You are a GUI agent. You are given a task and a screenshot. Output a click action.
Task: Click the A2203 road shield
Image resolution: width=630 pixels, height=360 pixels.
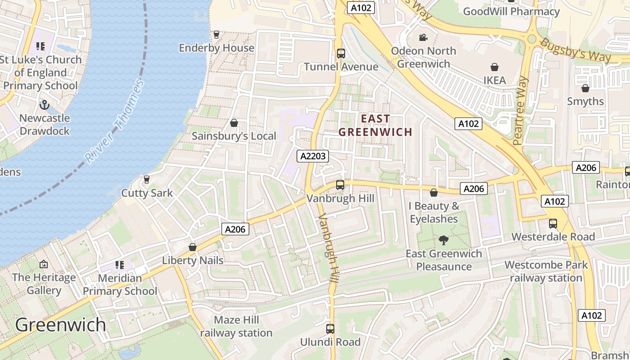[x=313, y=156]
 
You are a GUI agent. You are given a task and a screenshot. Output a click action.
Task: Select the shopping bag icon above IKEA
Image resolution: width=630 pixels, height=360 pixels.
[x=495, y=67]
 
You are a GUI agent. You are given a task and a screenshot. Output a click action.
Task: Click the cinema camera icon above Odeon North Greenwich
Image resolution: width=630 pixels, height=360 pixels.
[x=423, y=38]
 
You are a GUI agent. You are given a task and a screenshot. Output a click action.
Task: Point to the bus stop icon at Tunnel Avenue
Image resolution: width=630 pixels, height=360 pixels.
[x=341, y=54]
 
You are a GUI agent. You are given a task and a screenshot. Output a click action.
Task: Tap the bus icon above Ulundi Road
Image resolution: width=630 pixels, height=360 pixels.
[x=330, y=329]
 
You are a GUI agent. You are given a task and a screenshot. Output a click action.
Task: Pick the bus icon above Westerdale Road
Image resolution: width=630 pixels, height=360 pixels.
[x=553, y=223]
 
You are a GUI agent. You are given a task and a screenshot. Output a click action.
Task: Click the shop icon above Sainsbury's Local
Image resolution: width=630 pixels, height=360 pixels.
[x=234, y=122]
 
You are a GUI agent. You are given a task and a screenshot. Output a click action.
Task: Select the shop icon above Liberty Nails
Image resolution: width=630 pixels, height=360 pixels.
[x=193, y=247]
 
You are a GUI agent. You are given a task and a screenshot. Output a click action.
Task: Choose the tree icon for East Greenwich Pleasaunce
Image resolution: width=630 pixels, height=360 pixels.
[x=444, y=240]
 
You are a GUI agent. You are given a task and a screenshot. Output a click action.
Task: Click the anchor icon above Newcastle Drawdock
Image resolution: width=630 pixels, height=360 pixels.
[x=44, y=105]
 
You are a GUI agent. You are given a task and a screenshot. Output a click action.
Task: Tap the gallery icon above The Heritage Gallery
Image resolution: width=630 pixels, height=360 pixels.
[x=44, y=264]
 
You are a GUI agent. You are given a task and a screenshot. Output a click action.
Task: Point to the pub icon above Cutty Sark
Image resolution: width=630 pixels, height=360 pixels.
[x=146, y=180]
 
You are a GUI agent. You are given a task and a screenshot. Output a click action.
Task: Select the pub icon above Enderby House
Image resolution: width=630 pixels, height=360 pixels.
[x=216, y=34]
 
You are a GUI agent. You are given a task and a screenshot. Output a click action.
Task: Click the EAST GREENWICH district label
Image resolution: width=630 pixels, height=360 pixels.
[x=375, y=125]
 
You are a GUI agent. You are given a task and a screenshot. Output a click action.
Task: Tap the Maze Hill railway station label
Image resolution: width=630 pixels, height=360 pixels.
[x=236, y=326]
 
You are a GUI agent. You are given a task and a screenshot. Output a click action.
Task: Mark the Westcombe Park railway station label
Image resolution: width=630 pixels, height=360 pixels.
[x=546, y=271]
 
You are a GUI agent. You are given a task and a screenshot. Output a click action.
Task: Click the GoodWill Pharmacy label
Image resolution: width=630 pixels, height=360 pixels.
[x=511, y=11]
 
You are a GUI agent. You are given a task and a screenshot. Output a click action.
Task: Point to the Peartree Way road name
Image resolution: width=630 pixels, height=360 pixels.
[x=521, y=110]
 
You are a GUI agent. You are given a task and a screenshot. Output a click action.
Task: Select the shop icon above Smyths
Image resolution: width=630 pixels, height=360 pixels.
[x=585, y=88]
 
